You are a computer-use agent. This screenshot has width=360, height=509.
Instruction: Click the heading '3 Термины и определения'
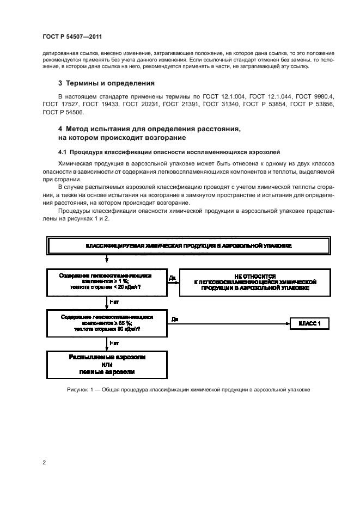click(106, 83)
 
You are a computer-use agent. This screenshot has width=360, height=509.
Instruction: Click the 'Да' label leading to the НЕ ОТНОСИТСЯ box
click(172, 278)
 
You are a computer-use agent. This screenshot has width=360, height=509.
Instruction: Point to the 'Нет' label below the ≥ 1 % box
click(114, 301)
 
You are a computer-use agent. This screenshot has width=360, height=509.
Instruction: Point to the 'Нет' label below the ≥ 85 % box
click(114, 343)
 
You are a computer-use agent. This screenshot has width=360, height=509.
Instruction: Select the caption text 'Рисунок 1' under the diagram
click(81, 390)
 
